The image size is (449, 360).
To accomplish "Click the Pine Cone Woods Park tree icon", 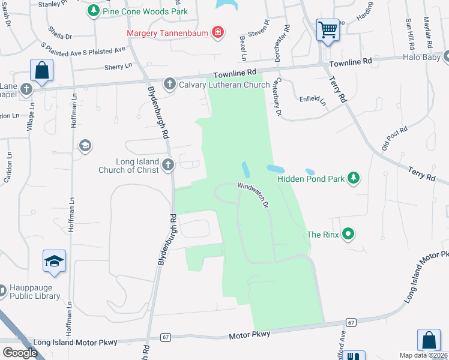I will tap(93, 11).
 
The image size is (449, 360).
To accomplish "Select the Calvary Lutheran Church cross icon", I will tap(170, 84).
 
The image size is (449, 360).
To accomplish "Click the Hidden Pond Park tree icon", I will tap(354, 178).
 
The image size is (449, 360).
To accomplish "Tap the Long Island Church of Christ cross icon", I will tap(168, 164).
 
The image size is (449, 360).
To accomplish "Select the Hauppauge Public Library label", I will tap(34, 292).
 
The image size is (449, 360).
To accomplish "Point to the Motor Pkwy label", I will tap(250, 335).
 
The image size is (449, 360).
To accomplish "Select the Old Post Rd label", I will tap(394, 139).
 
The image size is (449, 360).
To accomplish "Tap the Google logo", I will tap(20, 352).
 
